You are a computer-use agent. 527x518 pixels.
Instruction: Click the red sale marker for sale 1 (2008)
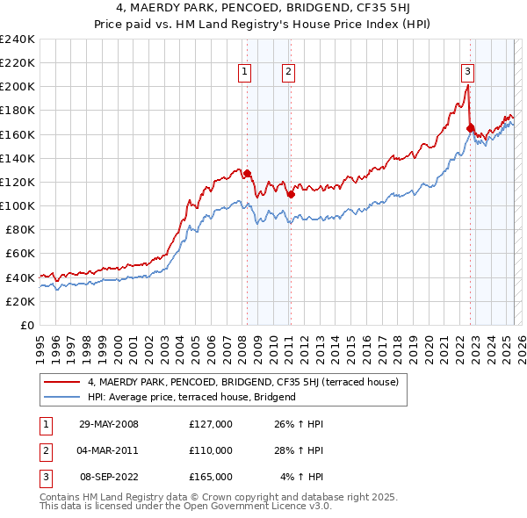pyautogui.click(x=247, y=173)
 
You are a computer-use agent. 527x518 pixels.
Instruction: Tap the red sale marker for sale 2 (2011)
pyautogui.click(x=290, y=194)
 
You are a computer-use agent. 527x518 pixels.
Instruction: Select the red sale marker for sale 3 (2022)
pyautogui.click(x=470, y=128)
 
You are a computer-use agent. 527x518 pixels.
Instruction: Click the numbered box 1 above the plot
pyautogui.click(x=243, y=73)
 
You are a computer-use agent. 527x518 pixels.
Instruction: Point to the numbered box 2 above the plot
pyautogui.click(x=288, y=73)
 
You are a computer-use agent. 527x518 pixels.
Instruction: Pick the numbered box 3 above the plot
pyautogui.click(x=468, y=73)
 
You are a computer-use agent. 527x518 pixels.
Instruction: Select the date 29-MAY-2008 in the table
pyautogui.click(x=108, y=424)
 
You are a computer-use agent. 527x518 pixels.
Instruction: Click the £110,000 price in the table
pyautogui.click(x=211, y=450)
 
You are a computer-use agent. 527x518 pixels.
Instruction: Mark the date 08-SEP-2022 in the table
pyautogui.click(x=108, y=477)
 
